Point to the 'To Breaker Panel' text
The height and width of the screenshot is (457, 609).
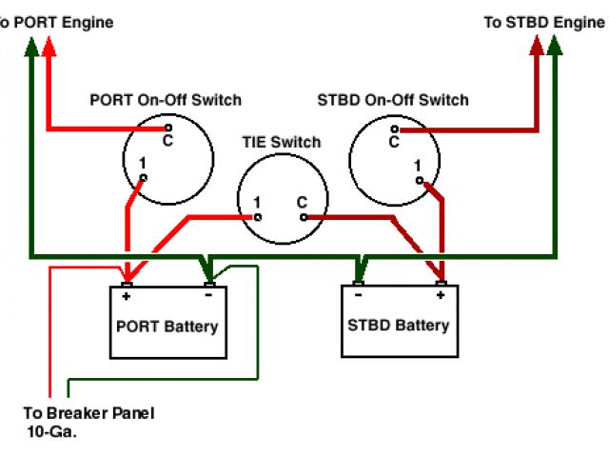click(x=88, y=413)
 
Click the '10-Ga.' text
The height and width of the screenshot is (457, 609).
click(x=53, y=431)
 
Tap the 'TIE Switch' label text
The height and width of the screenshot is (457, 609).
click(x=281, y=143)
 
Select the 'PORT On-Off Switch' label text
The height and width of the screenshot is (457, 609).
click(x=166, y=100)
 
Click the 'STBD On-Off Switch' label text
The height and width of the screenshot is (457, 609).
click(x=393, y=100)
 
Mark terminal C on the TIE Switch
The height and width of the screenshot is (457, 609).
click(x=304, y=217)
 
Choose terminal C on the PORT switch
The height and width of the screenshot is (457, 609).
click(x=167, y=128)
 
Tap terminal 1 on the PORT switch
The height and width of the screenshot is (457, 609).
click(x=144, y=178)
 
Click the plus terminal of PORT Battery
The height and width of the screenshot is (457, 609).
click(x=126, y=284)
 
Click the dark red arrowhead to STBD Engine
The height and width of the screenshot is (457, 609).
click(x=538, y=44)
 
